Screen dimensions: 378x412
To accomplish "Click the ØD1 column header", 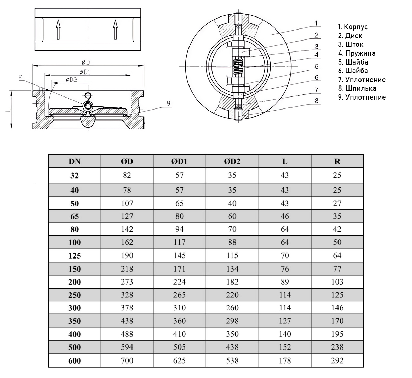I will coord(179,161).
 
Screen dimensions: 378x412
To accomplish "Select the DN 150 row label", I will coord(75,269).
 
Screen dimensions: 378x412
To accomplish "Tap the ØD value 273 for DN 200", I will coord(127,282).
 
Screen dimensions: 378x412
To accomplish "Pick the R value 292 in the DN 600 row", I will coord(337,360).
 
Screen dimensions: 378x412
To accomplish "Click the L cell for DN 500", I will coord(285,347).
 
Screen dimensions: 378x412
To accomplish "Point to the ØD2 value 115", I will coord(232,256).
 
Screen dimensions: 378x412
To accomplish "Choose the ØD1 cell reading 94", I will coord(179,229).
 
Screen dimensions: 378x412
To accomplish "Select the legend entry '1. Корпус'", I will coord(353,27).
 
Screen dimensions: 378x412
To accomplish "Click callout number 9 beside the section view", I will coord(169,103).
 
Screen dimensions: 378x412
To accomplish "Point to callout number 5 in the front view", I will coord(317,66).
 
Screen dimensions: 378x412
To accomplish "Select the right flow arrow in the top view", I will coord(116,29).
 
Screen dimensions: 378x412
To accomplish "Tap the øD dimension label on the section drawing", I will coord(86,62).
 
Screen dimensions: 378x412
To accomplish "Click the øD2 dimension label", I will coord(71,80).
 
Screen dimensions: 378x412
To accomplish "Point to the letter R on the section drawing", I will coord(21,78).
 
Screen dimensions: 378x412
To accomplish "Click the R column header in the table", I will coord(337,161).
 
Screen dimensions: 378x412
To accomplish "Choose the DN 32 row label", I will coord(75,176).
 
